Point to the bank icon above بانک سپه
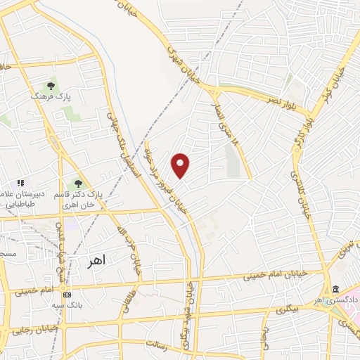click(x=67, y=295)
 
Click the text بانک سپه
click(x=67, y=306)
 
